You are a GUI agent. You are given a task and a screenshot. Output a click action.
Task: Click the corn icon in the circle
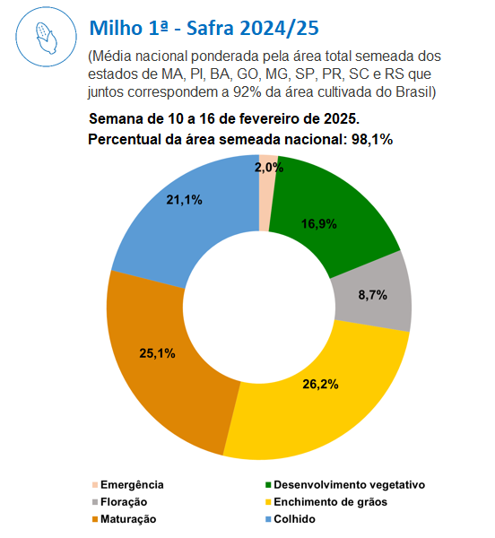click(47, 38)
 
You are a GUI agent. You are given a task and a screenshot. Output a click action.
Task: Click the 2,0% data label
click(269, 167)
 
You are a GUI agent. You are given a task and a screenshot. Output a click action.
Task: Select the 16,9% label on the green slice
click(319, 224)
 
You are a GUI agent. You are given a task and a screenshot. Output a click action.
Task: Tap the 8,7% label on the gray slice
click(373, 295)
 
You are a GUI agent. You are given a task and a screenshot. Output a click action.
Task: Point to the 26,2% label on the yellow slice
click(320, 385)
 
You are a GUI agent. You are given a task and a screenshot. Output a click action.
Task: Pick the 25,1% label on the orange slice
click(158, 353)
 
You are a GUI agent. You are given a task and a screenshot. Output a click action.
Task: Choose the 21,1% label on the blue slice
click(184, 200)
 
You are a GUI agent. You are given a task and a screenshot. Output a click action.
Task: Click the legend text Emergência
click(132, 485)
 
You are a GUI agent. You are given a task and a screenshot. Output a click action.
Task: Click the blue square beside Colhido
click(268, 519)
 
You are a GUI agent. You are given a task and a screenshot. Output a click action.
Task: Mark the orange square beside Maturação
click(95, 519)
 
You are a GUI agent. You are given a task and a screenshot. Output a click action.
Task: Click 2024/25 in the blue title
click(279, 28)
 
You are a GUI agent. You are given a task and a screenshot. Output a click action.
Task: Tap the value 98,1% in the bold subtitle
click(372, 140)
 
